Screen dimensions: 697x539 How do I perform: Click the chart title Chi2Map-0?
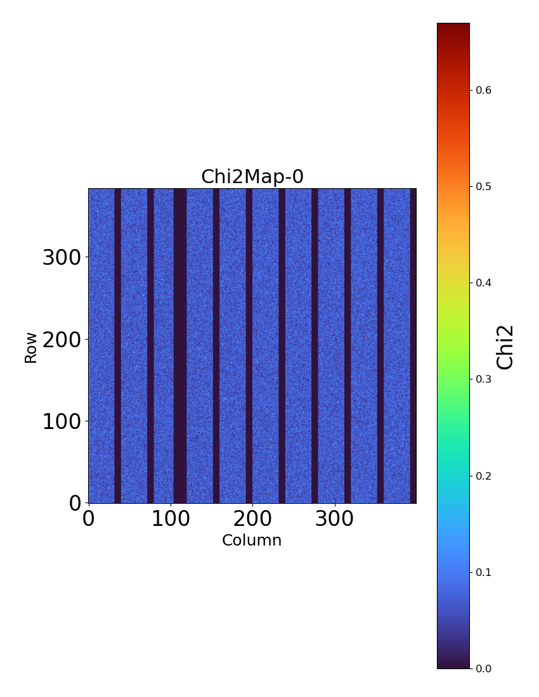252,177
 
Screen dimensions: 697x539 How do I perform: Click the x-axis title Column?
252,540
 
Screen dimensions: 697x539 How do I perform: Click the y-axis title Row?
31,347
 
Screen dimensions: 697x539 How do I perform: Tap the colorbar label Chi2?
505,347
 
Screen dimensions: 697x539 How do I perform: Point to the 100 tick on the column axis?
171,518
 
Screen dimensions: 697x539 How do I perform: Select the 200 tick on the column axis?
252,518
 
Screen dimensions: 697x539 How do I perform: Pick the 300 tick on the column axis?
334,518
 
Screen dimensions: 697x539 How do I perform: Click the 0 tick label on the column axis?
89,518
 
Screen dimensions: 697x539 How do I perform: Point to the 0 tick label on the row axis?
76,503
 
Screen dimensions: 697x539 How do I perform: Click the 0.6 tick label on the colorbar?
484,90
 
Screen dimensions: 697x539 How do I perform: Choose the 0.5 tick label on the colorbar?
484,186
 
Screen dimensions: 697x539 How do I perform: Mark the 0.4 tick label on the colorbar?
484,283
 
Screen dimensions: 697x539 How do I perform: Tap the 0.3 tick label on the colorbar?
484,379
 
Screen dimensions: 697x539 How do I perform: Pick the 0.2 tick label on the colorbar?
484,476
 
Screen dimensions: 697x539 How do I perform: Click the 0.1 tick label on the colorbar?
484,572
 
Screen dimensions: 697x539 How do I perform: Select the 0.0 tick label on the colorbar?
484,668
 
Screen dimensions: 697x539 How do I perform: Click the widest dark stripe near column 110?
179,345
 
